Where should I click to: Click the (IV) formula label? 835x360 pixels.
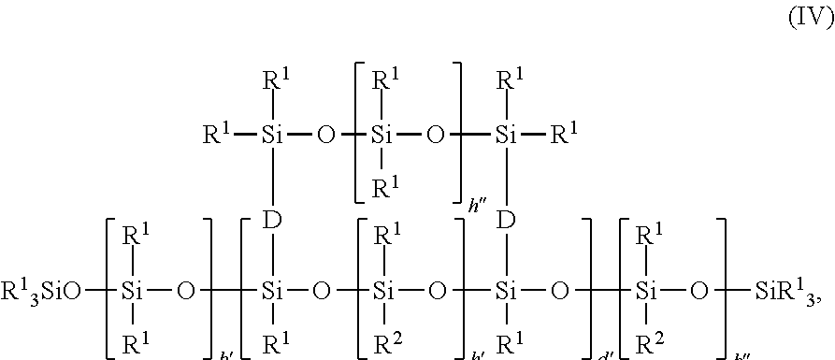click(807, 16)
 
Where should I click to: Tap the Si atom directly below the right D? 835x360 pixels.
click(506, 291)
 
